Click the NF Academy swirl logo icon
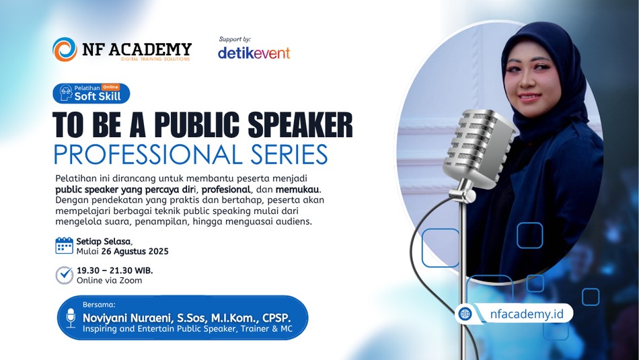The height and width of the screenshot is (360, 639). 65,49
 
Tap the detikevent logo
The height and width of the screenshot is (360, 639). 254,52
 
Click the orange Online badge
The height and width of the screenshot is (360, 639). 110,87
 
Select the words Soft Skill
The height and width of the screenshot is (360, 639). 98,96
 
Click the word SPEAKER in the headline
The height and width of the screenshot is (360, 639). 301,124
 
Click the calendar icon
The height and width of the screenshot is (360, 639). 65,246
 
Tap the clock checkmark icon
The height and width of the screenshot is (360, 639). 65,275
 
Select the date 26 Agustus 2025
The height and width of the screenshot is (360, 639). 135,251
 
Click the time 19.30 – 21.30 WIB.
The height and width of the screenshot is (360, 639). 115,271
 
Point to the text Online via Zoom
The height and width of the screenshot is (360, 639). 109,281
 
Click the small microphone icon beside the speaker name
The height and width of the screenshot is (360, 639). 71,318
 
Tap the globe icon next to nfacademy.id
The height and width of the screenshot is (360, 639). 465,314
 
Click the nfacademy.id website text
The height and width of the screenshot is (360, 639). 527,314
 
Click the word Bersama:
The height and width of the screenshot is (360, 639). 99,305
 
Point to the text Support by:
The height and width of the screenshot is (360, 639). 235,40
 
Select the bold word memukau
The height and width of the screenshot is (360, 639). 297,190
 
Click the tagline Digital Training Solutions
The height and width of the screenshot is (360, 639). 155,59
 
